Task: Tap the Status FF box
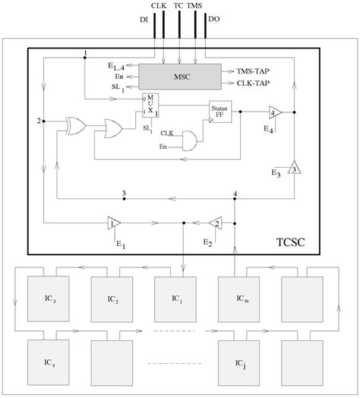tap(221, 112)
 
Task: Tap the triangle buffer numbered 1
tap(114, 223)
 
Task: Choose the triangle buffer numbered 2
tap(217, 223)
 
